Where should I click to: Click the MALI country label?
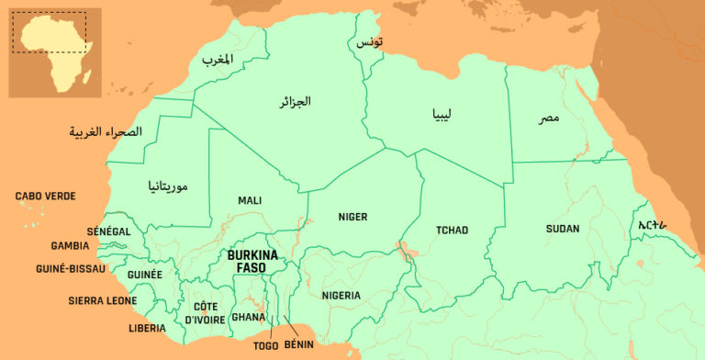pos(250,200)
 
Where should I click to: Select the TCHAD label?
pos(452,230)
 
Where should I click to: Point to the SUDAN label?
pos(562,229)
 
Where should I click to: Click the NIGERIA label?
pos(341,295)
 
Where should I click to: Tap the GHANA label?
pos(248,317)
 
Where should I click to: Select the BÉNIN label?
pos(299,344)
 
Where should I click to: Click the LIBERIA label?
pos(147,328)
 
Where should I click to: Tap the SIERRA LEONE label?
pos(103,300)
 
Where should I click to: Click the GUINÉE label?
pos(144,275)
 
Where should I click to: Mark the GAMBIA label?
pos(70,246)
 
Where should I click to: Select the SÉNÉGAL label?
pos(109,231)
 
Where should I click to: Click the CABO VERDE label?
pos(45,197)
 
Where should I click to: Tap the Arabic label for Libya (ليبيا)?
pos(437,115)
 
